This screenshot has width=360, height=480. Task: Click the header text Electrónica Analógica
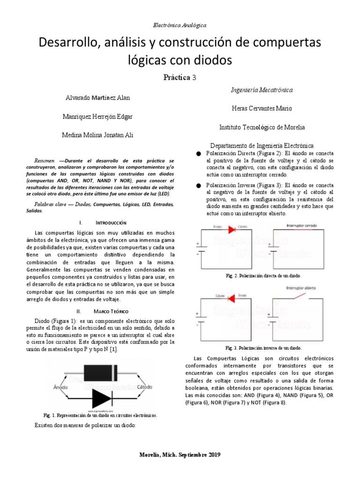tap(180, 24)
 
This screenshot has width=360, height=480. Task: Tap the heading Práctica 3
tap(180, 77)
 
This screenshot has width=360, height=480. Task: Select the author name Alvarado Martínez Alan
tap(98, 98)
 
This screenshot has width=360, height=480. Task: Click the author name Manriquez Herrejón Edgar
tap(98, 116)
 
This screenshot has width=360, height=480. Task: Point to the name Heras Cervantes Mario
tap(262, 108)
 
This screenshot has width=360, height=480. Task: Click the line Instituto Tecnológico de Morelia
tap(262, 127)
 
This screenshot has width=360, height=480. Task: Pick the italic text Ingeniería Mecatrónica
tap(262, 89)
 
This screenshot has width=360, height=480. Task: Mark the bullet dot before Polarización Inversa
tap(198, 185)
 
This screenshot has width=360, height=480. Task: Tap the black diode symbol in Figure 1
tap(102, 398)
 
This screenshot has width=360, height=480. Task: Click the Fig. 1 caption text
tap(100, 415)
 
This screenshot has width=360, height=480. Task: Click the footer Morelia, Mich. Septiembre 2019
tap(180, 455)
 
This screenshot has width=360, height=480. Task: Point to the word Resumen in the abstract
tap(45, 160)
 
